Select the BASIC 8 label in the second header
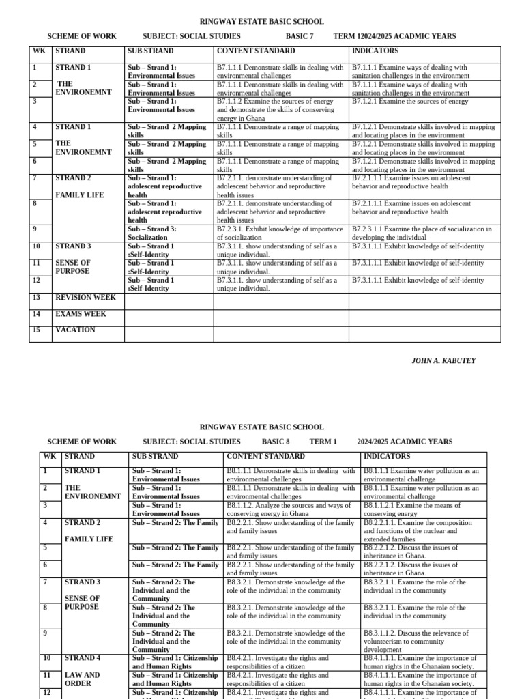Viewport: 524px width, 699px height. pyautogui.click(x=276, y=442)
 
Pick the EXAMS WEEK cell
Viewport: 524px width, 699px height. pyautogui.click(x=81, y=314)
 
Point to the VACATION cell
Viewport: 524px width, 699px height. pyautogui.click(x=75, y=330)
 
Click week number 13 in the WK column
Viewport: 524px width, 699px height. pyautogui.click(x=37, y=298)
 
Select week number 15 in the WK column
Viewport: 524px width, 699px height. pyautogui.click(x=37, y=330)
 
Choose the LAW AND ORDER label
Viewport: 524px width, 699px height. pyautogui.click(x=82, y=679)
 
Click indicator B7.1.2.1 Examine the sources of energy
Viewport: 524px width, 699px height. pyautogui.click(x=410, y=102)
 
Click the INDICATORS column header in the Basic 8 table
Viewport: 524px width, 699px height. pyautogui.click(x=387, y=456)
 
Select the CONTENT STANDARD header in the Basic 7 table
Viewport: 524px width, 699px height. pyautogui.click(x=256, y=51)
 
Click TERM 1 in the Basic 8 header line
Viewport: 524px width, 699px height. pyautogui.click(x=323, y=442)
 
